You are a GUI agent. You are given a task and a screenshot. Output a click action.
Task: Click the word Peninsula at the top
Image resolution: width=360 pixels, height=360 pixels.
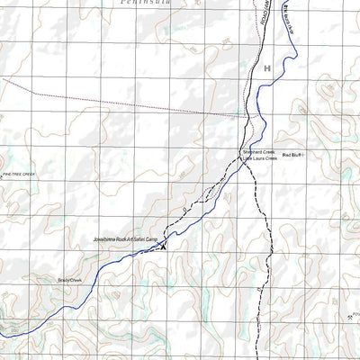pyautogui.click(x=143, y=4)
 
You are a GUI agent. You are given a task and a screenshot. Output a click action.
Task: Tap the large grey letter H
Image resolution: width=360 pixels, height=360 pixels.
pyautogui.click(x=267, y=68)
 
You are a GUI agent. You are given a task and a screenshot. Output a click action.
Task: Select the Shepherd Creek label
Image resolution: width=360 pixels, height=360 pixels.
pyautogui.click(x=258, y=153)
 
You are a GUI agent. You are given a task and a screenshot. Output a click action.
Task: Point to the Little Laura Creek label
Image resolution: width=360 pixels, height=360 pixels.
pyautogui.click(x=260, y=159)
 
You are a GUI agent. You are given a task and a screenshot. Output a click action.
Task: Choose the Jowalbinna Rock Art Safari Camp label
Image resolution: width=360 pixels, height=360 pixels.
pyautogui.click(x=125, y=239)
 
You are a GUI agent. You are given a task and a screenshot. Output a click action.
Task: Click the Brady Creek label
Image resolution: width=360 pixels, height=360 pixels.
pyautogui.click(x=69, y=280)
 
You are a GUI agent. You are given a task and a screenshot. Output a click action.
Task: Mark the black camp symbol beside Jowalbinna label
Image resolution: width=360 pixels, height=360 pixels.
pyautogui.click(x=164, y=244)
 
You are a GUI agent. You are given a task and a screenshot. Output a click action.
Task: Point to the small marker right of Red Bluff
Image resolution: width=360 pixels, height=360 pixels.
pyautogui.click(x=304, y=156)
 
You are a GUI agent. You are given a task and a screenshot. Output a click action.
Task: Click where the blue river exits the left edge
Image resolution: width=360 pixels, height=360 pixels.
pyautogui.click(x=2, y=335)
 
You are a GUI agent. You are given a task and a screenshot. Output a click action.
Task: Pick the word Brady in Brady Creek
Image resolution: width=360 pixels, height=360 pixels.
pyautogui.click(x=63, y=280)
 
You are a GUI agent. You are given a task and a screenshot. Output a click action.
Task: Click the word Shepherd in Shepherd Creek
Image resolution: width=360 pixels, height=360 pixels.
pyautogui.click(x=252, y=153)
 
